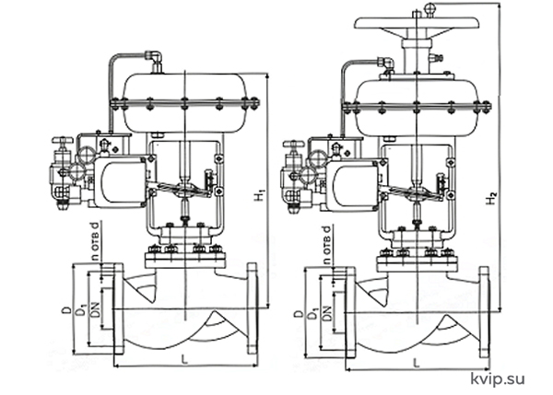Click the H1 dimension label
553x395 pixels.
tap(260, 196)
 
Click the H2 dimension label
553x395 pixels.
tap(491, 198)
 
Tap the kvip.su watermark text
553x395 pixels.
tap(498, 379)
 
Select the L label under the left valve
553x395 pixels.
tap(183, 359)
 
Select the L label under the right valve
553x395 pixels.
tap(417, 363)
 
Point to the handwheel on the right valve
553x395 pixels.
tap(417, 23)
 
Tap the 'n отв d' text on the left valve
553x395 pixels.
tap(95, 241)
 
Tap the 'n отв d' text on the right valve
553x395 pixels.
tap(327, 245)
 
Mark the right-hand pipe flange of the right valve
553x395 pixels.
tap(484, 312)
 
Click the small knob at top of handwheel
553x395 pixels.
tap(430, 7)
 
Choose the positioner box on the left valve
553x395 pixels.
tap(120, 181)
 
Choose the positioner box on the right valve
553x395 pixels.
tap(353, 185)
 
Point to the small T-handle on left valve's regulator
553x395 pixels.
tap(62, 140)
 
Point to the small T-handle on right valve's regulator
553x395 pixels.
tap(293, 145)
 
